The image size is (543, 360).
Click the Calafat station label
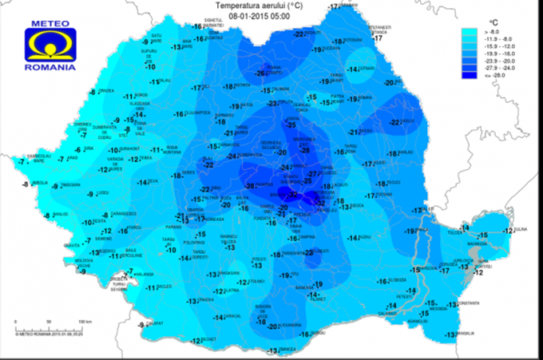[x=155, y=323]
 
